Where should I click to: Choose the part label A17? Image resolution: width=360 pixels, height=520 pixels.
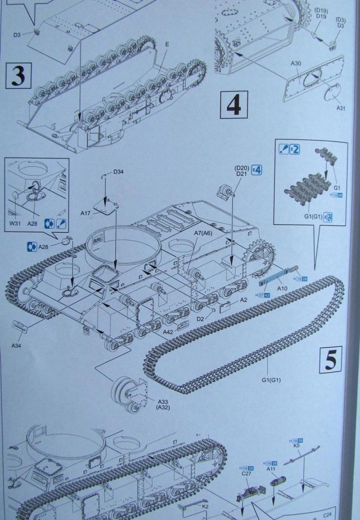(86, 213)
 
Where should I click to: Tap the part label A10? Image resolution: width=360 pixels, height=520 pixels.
(282, 288)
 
